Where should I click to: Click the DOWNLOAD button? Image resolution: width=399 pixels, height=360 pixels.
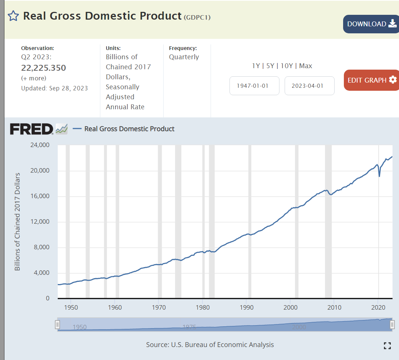pos(371,24)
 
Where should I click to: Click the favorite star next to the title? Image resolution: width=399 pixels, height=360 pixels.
pos(13,16)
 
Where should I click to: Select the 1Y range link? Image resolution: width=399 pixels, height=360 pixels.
pos(256,66)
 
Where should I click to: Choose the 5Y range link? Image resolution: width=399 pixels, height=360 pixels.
pos(270,66)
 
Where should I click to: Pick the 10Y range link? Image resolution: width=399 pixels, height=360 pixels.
pos(287,66)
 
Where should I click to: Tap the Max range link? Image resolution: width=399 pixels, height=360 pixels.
pos(305,66)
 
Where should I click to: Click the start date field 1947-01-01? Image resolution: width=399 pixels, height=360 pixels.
pos(254,86)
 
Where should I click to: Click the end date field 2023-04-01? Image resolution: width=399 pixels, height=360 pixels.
pos(309,86)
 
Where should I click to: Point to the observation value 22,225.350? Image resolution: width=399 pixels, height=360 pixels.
pos(44,68)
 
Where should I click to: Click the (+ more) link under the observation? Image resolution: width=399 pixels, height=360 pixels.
pos(34,78)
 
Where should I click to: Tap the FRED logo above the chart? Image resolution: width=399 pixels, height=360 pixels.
pos(32,129)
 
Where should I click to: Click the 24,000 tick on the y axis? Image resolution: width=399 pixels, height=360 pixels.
pos(39,145)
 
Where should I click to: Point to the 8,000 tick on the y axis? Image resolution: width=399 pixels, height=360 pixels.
pos(40,247)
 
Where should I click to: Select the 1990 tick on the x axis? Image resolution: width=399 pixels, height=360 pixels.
pos(247,307)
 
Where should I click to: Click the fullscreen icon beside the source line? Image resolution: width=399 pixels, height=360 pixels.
pos(387,346)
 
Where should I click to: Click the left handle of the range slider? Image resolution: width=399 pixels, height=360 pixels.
pos(57,324)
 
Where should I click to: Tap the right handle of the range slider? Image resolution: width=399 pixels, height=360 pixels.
pos(392,324)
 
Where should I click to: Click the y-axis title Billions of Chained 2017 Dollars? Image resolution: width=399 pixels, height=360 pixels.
pos(17,221)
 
